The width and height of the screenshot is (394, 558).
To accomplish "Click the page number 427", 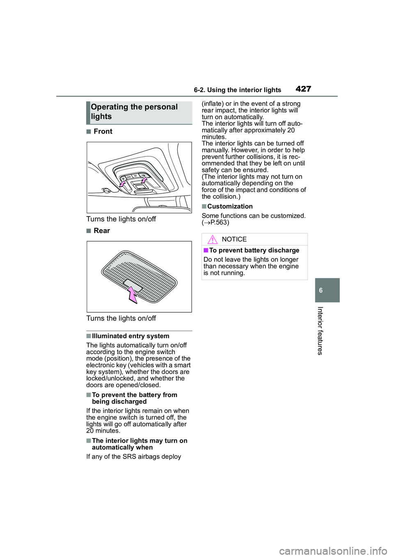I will point(303,88).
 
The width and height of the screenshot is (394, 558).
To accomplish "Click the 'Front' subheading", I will point(103,131).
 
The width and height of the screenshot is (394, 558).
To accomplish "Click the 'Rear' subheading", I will point(101,231).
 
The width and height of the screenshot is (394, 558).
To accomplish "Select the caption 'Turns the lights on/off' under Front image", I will point(121,219).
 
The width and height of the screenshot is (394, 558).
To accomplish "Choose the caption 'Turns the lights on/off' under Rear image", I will point(121,318).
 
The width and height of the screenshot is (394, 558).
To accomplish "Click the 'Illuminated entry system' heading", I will point(130,336).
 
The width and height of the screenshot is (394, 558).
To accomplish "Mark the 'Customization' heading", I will point(229,206).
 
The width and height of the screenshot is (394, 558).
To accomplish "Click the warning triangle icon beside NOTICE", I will point(212,240).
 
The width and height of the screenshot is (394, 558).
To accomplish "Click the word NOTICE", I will point(234,240).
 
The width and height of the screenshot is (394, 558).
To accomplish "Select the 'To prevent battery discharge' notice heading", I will point(254,251).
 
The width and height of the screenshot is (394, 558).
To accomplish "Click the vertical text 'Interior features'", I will point(320,330).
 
